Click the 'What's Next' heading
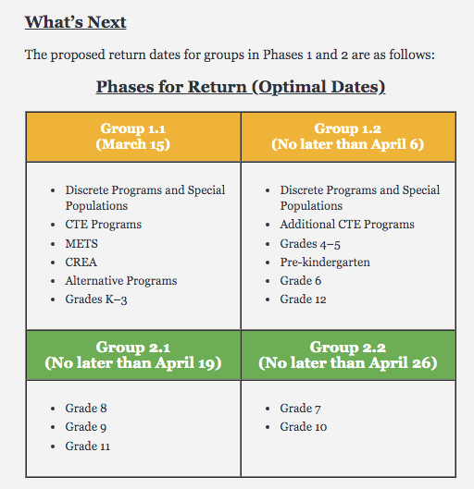(76, 22)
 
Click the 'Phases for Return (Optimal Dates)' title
(241, 87)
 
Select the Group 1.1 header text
(133, 128)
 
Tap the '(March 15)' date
(133, 144)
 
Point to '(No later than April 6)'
(347, 144)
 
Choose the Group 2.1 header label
(133, 347)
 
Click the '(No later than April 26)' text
(347, 362)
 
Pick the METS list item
(81, 243)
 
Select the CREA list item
(81, 263)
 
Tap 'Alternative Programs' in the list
(121, 281)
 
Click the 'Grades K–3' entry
(96, 300)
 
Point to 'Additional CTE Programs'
(347, 225)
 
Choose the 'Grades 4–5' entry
(310, 244)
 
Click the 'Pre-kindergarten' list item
(325, 263)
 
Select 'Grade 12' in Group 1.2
(304, 300)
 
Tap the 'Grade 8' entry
(86, 409)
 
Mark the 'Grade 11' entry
(88, 446)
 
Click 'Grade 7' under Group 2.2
(300, 409)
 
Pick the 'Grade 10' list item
(304, 427)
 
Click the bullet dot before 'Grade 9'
(53, 428)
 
